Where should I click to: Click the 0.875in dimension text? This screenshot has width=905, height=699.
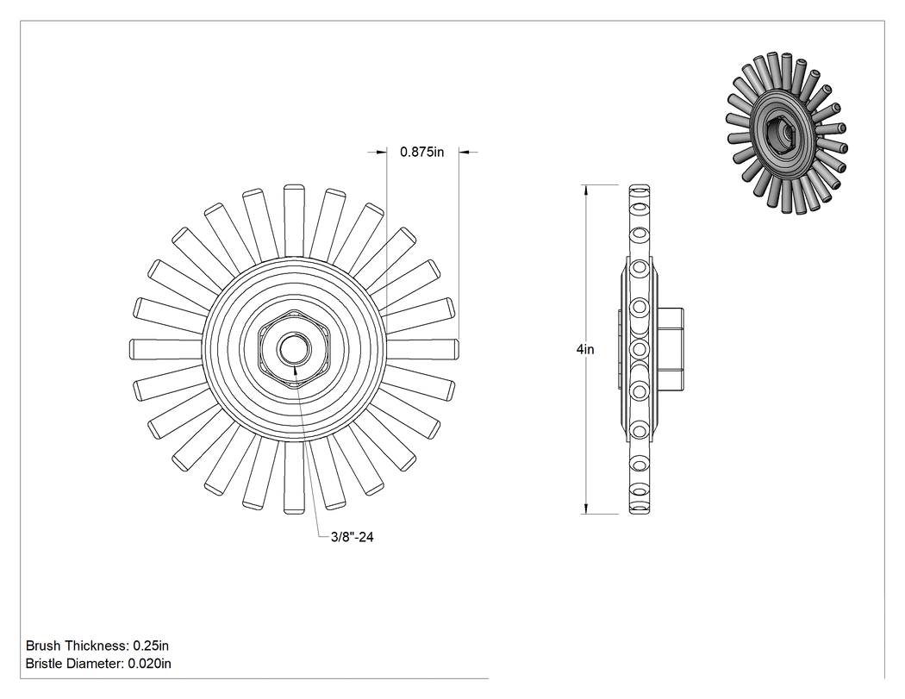tap(422, 152)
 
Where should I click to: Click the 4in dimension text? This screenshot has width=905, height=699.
tap(584, 349)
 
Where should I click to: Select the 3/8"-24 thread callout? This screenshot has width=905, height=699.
tap(352, 537)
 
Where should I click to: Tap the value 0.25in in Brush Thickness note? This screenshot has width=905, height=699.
tap(151, 646)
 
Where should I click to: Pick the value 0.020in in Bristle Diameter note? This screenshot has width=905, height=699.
tap(149, 664)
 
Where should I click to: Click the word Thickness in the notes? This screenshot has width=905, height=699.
tap(97, 646)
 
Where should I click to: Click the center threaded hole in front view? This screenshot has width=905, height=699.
tap(294, 348)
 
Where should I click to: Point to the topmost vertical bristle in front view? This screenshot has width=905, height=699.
tap(295, 221)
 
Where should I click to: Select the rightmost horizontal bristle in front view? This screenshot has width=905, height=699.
tap(421, 348)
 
